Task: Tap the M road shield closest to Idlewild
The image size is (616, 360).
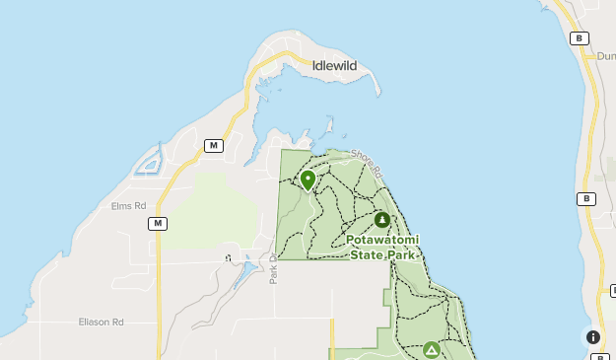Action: [x=213, y=145]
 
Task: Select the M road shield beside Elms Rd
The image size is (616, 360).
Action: [x=157, y=224]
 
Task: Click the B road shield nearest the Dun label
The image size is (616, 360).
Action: [x=580, y=38]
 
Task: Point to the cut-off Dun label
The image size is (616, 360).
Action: [x=605, y=56]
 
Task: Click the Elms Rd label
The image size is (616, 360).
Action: [x=128, y=206]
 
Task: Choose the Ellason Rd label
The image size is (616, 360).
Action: [x=102, y=322]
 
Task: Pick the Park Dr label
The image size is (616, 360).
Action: [x=273, y=268]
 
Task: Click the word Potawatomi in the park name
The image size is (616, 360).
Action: [x=383, y=240]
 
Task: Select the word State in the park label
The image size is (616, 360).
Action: [x=369, y=254]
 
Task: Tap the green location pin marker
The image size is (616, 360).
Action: [x=308, y=180]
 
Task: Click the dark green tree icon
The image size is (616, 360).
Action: [x=382, y=219]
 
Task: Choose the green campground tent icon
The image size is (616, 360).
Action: [x=431, y=349]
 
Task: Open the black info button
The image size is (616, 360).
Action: [x=593, y=336]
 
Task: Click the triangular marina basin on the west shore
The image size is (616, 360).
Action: [x=149, y=159]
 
